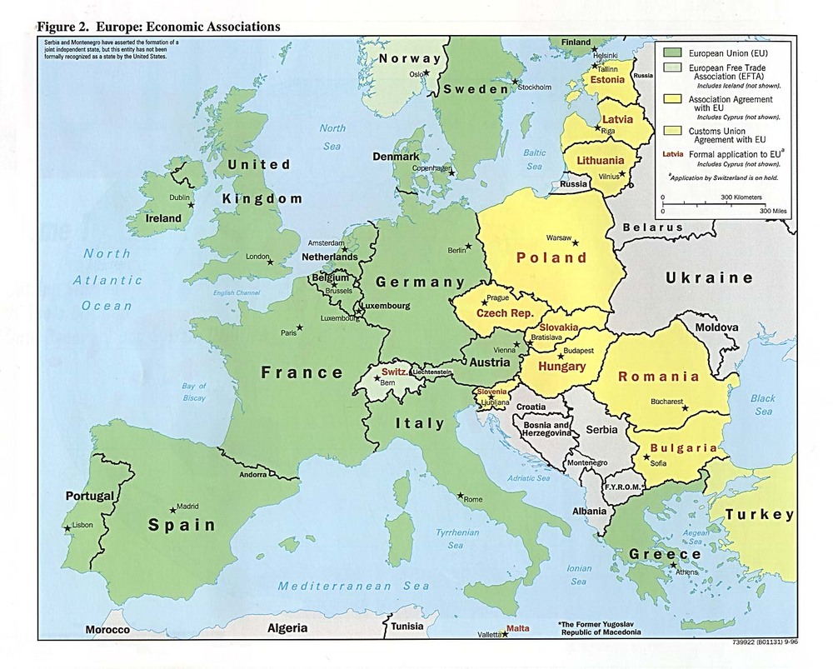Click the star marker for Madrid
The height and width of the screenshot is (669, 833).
172,509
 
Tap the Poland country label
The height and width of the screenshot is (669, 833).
551,257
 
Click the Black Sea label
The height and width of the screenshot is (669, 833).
763,404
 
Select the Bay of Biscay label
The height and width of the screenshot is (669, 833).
193,392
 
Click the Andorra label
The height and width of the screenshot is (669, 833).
252,476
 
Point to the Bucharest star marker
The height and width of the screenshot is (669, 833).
684,408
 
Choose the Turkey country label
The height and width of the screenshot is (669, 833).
759,515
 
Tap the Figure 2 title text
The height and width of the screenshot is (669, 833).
158,27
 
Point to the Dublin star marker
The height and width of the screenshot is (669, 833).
191,205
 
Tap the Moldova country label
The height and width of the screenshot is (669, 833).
716,328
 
